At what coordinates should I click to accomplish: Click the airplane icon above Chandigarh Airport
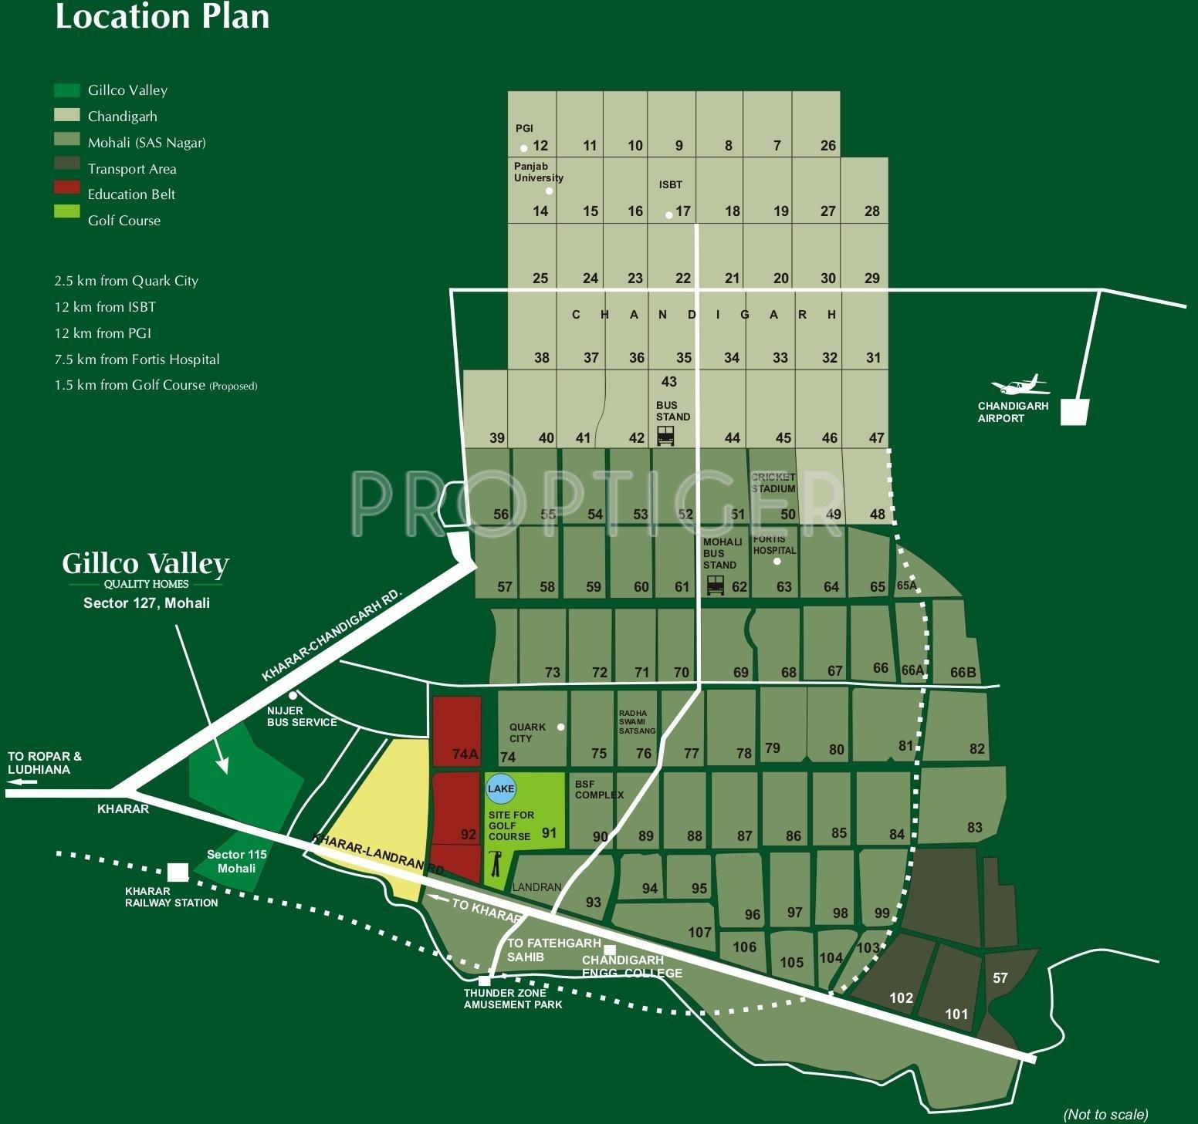pyautogui.click(x=1020, y=384)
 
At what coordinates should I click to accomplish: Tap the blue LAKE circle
pyautogui.click(x=501, y=788)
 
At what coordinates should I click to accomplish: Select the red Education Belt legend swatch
pyautogui.click(x=67, y=187)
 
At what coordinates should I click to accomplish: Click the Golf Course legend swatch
pyautogui.click(x=67, y=212)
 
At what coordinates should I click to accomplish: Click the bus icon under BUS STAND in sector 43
pyautogui.click(x=665, y=437)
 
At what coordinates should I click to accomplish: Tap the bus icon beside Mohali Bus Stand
pyautogui.click(x=716, y=586)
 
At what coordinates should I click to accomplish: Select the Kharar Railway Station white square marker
pyautogui.click(x=178, y=872)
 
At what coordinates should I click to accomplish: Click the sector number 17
pyautogui.click(x=683, y=211)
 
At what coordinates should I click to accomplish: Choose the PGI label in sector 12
pyautogui.click(x=524, y=128)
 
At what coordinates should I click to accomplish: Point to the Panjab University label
pyautogui.click(x=538, y=172)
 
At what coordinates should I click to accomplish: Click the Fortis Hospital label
pyautogui.click(x=774, y=545)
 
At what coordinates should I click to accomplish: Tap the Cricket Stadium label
pyautogui.click(x=773, y=483)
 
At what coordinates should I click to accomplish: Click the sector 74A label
pyautogui.click(x=465, y=754)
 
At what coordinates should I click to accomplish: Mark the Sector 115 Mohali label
pyautogui.click(x=236, y=861)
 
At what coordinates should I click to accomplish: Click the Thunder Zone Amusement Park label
pyautogui.click(x=513, y=999)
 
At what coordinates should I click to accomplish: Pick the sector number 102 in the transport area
pyautogui.click(x=901, y=997)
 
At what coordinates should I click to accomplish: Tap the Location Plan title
pyautogui.click(x=162, y=17)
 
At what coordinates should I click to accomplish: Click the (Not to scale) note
pyautogui.click(x=1105, y=1114)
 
